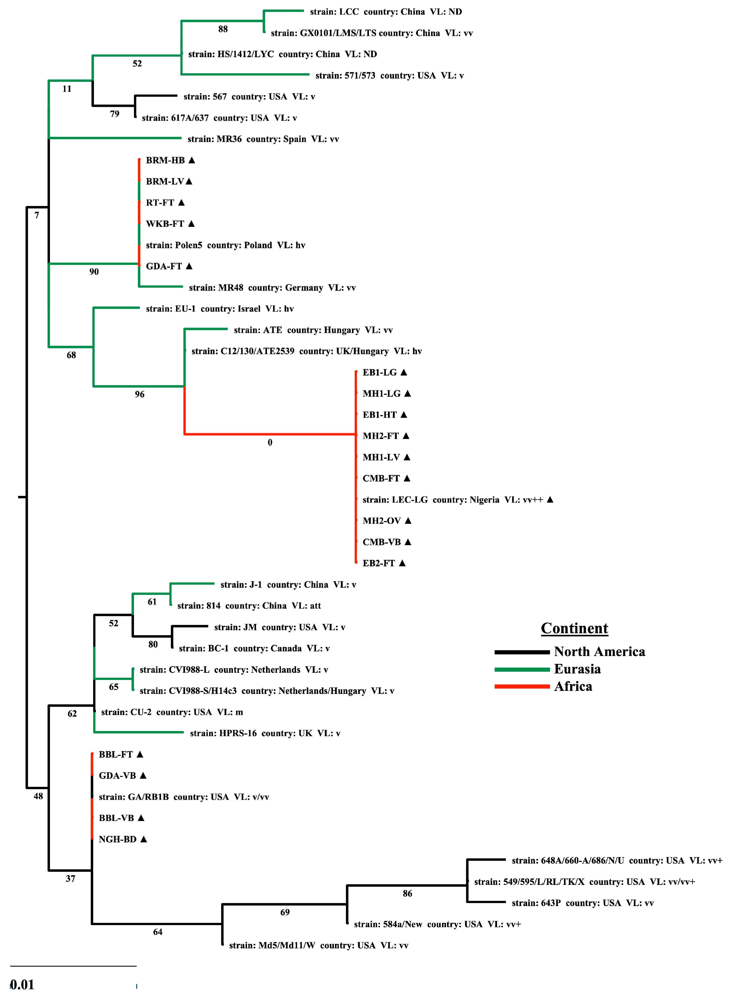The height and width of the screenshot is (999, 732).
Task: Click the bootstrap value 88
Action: point(223,29)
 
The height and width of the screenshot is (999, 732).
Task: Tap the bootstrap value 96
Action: point(140,394)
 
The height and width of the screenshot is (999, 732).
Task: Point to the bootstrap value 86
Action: point(407,893)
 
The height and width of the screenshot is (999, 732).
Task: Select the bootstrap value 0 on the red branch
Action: point(270,442)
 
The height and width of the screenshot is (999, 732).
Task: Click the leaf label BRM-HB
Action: point(165,160)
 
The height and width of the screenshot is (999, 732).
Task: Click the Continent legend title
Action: point(574,628)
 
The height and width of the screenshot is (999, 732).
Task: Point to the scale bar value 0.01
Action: point(22,984)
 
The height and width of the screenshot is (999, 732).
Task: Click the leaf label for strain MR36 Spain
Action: point(263,139)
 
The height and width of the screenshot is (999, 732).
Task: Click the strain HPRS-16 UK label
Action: point(265,733)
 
